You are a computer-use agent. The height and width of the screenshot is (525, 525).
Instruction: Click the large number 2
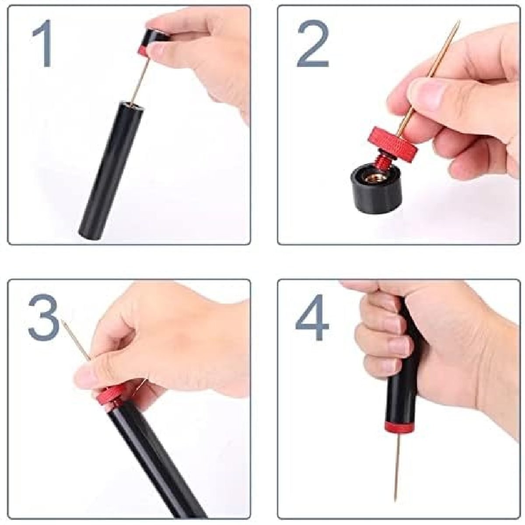(x=313, y=44)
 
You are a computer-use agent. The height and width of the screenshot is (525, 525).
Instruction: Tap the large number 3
(x=44, y=317)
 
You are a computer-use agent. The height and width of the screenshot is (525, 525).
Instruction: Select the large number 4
(x=312, y=317)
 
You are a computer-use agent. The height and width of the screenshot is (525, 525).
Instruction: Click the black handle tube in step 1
(x=112, y=171)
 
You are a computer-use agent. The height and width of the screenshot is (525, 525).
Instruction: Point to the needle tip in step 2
(x=459, y=21)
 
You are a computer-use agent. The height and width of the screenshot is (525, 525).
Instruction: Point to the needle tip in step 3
(x=63, y=321)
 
